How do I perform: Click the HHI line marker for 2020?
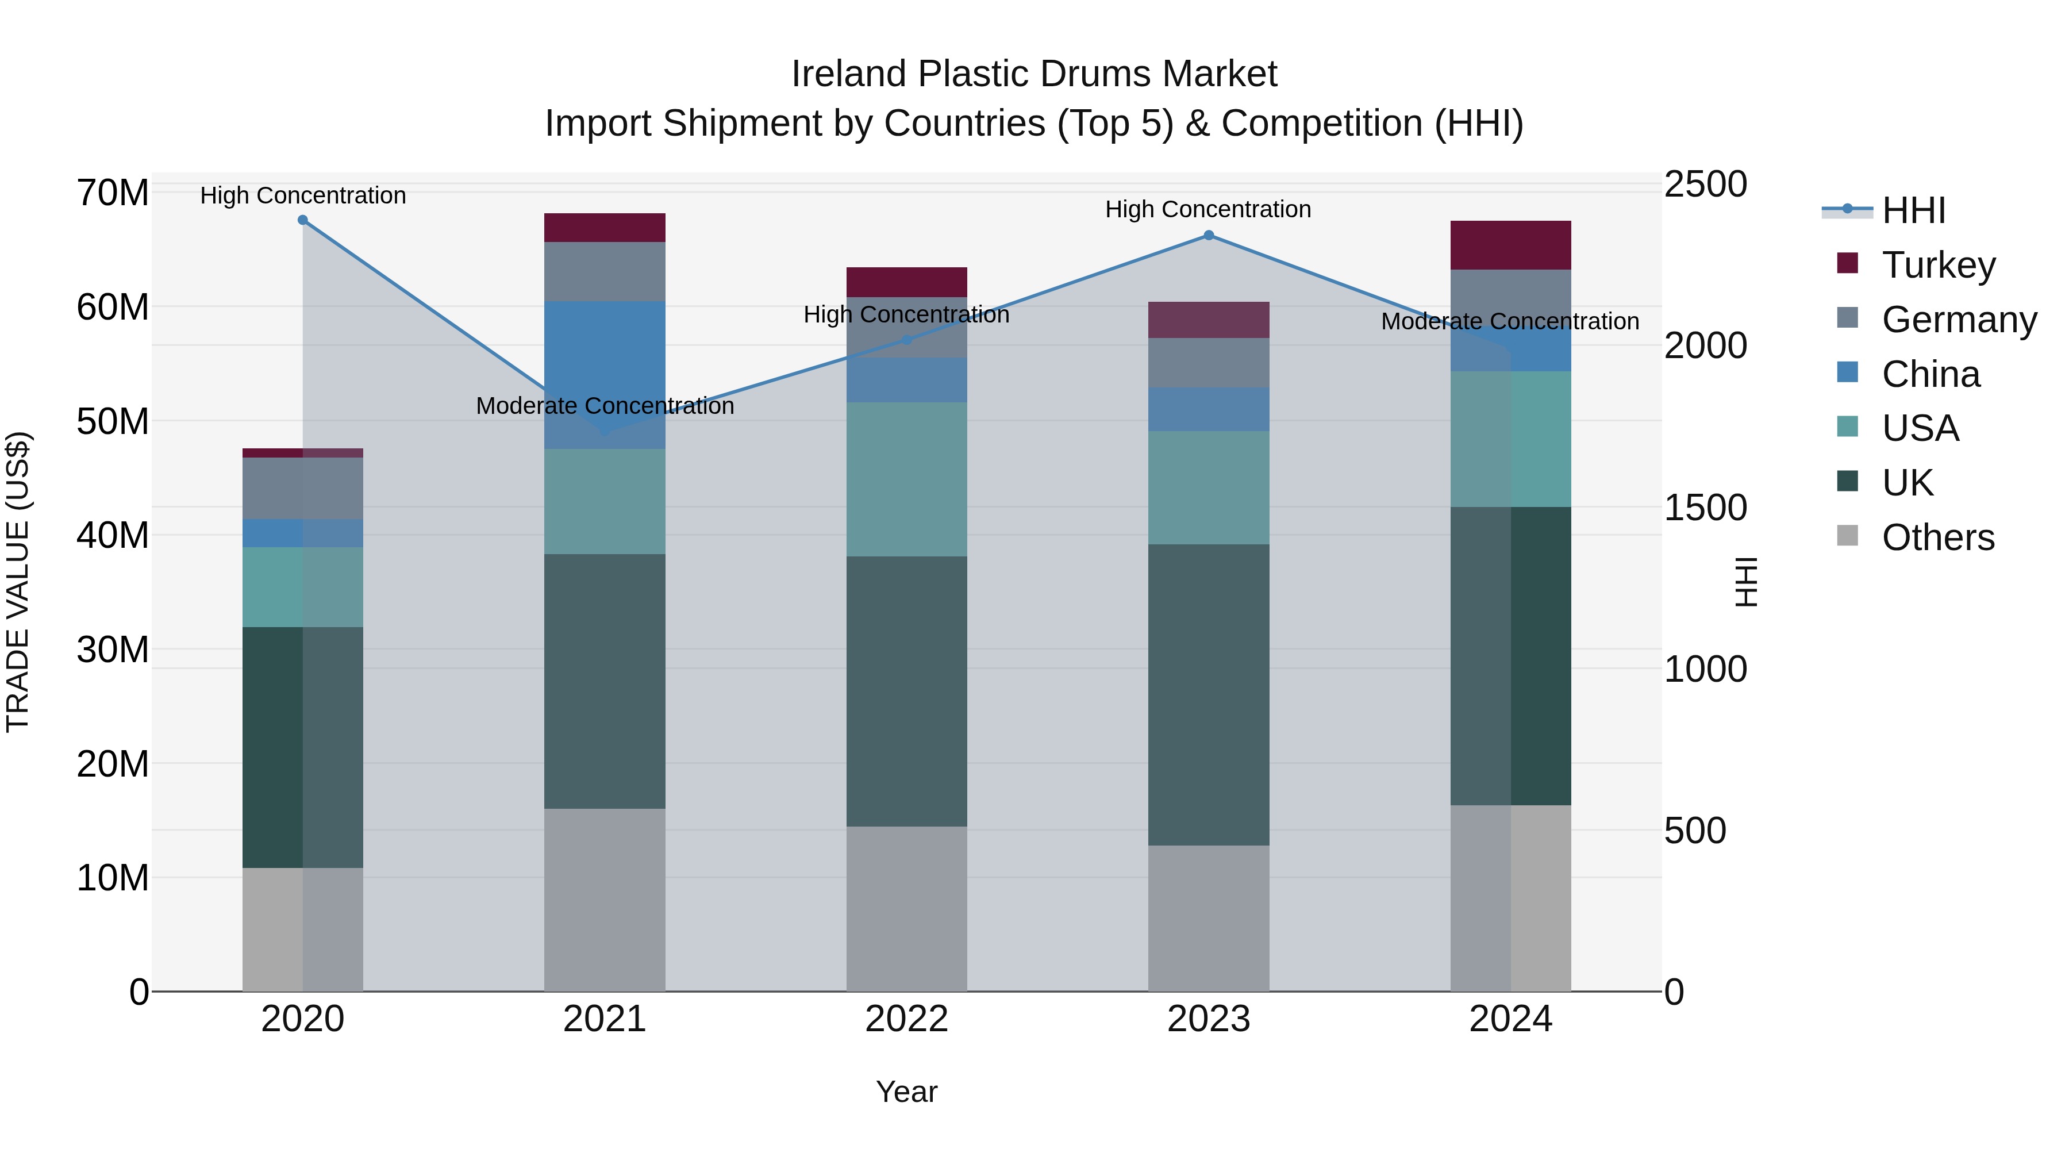(303, 220)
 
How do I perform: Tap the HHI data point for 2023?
(1209, 235)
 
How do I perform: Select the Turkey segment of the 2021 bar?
(605, 227)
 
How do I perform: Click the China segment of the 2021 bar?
(605, 374)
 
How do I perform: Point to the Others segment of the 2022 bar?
(907, 909)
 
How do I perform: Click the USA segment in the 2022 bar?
(907, 479)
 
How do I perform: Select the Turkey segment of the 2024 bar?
(1511, 245)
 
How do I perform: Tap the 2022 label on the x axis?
(907, 1019)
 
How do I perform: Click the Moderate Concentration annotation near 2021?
(605, 406)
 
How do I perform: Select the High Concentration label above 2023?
(1208, 210)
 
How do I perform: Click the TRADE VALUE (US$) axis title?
(18, 582)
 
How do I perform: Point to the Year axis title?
(907, 1092)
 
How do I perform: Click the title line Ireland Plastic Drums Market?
(1034, 74)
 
